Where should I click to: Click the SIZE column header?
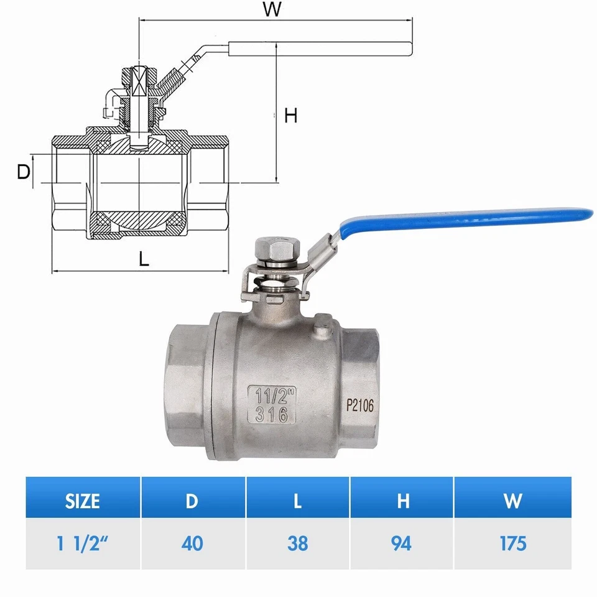[83, 501]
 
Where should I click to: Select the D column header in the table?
[193, 501]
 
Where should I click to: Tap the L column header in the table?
[298, 501]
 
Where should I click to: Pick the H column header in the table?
[402, 501]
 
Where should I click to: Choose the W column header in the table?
[512, 501]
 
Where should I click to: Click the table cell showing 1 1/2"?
[83, 543]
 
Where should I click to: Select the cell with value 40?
[193, 543]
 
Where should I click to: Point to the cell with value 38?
[298, 543]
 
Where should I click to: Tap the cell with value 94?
[402, 543]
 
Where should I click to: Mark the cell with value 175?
[512, 543]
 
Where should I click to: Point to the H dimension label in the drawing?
[290, 115]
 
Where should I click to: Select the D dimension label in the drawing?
[23, 172]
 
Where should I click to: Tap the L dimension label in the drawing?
[144, 259]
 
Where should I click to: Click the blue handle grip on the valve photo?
[466, 218]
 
